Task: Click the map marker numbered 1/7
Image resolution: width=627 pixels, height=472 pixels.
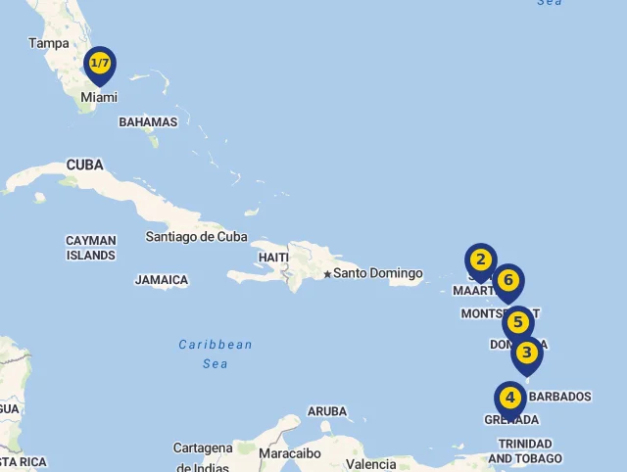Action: click(100, 65)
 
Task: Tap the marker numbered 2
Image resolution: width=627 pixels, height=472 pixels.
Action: click(480, 260)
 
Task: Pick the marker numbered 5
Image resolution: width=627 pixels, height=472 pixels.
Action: click(518, 323)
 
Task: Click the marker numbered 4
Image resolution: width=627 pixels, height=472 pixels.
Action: click(509, 399)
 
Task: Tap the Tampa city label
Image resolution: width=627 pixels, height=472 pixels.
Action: click(49, 43)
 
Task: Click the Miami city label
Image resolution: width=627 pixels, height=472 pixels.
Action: click(99, 97)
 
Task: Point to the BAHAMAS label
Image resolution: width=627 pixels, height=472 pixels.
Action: click(148, 122)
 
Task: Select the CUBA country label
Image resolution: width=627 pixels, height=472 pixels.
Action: click(85, 165)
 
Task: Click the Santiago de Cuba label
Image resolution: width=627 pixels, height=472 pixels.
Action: click(196, 236)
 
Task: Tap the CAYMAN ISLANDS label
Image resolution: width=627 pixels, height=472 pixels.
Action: click(91, 248)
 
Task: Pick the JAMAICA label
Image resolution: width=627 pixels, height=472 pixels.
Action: click(162, 280)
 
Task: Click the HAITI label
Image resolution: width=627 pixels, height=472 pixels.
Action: click(273, 258)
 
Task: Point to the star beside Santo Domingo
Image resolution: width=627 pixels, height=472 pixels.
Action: click(327, 273)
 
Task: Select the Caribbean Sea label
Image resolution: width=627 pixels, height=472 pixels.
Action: click(216, 354)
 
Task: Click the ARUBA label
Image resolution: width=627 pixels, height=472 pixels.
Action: click(327, 411)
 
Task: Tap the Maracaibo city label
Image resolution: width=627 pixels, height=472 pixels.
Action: click(290, 453)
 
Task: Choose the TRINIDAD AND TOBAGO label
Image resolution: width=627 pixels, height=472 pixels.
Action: click(525, 450)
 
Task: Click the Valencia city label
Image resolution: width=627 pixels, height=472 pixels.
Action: click(371, 464)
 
